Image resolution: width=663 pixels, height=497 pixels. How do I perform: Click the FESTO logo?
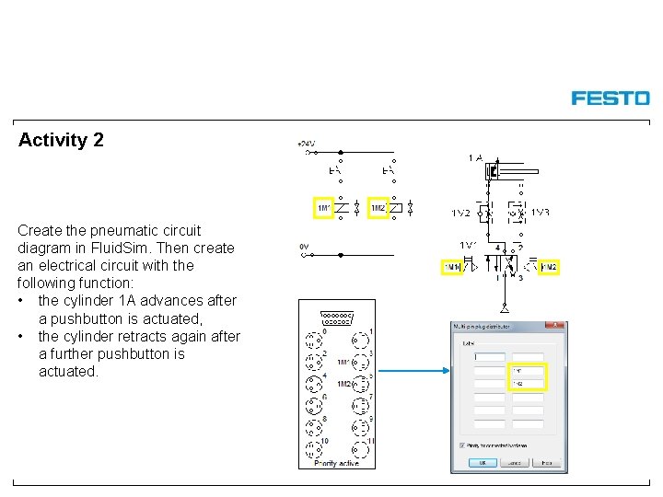pos(610,98)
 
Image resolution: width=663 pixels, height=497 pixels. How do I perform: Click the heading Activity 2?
pos(61,141)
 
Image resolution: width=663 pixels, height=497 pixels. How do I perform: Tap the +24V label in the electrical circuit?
pos(306,144)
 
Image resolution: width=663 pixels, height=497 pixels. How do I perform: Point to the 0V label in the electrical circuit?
pos(304,247)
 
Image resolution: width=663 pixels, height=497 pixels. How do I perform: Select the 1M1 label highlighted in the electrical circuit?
pos(324,209)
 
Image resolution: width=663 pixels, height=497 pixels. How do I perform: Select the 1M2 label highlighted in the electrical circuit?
pos(378,209)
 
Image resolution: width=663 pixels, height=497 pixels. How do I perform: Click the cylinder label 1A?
pos(475,158)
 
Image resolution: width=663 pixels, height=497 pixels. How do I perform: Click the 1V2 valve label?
pos(460,213)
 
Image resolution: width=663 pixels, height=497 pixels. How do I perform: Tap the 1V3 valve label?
pos(541,213)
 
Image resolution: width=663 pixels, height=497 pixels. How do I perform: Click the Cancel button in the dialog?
pos(512,463)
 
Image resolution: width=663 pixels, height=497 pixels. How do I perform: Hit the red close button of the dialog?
pos(555,326)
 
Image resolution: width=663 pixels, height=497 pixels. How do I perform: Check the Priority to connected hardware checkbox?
pos(462,445)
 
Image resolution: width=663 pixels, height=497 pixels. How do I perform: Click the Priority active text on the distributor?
pos(336,463)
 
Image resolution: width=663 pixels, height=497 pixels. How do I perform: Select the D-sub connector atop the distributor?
pos(336,319)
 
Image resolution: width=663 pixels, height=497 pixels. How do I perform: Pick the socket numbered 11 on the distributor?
pos(361,450)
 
